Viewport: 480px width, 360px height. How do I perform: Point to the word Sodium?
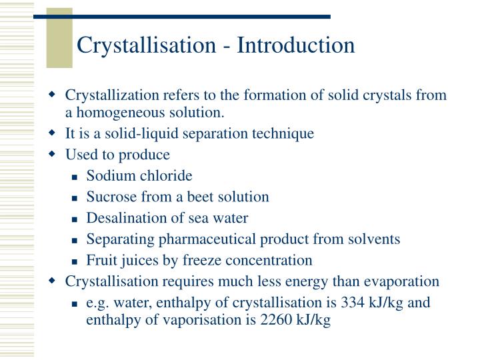(108, 175)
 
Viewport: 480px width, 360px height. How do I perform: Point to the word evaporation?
(402, 281)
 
